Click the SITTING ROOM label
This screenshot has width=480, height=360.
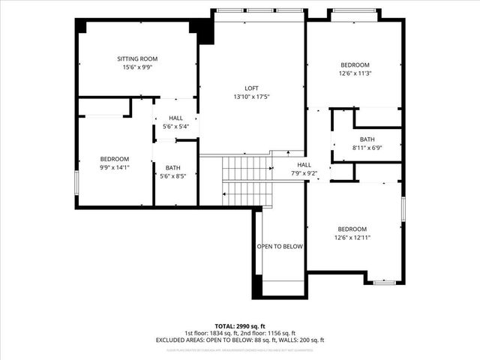pyautogui.click(x=137, y=58)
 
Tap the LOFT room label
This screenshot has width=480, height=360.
pyautogui.click(x=251, y=88)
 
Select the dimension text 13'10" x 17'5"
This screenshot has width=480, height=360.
pyautogui.click(x=251, y=96)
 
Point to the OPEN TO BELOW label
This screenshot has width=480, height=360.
pyautogui.click(x=280, y=246)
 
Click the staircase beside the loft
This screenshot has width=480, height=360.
pyautogui.click(x=246, y=180)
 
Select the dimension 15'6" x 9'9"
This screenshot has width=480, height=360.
pyautogui.click(x=137, y=67)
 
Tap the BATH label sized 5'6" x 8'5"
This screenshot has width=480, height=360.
pyautogui.click(x=172, y=168)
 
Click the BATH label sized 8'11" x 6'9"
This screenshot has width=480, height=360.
pyautogui.click(x=367, y=139)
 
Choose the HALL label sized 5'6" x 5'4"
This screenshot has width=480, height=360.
pyautogui.click(x=175, y=118)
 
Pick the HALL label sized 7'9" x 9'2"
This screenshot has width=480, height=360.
pyautogui.click(x=304, y=165)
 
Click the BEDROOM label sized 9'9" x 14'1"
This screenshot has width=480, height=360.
pyautogui.click(x=115, y=159)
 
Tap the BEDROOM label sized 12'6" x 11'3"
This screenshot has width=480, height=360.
pyautogui.click(x=355, y=65)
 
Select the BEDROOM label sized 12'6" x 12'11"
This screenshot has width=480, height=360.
pyautogui.click(x=352, y=229)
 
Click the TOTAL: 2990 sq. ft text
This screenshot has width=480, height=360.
pyautogui.click(x=239, y=326)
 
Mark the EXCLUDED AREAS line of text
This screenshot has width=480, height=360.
pyautogui.click(x=239, y=340)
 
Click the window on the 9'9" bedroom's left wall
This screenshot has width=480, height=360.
pyautogui.click(x=76, y=181)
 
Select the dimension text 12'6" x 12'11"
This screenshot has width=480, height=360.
pyautogui.click(x=352, y=237)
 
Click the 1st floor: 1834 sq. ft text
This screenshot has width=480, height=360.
pyautogui.click(x=210, y=333)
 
